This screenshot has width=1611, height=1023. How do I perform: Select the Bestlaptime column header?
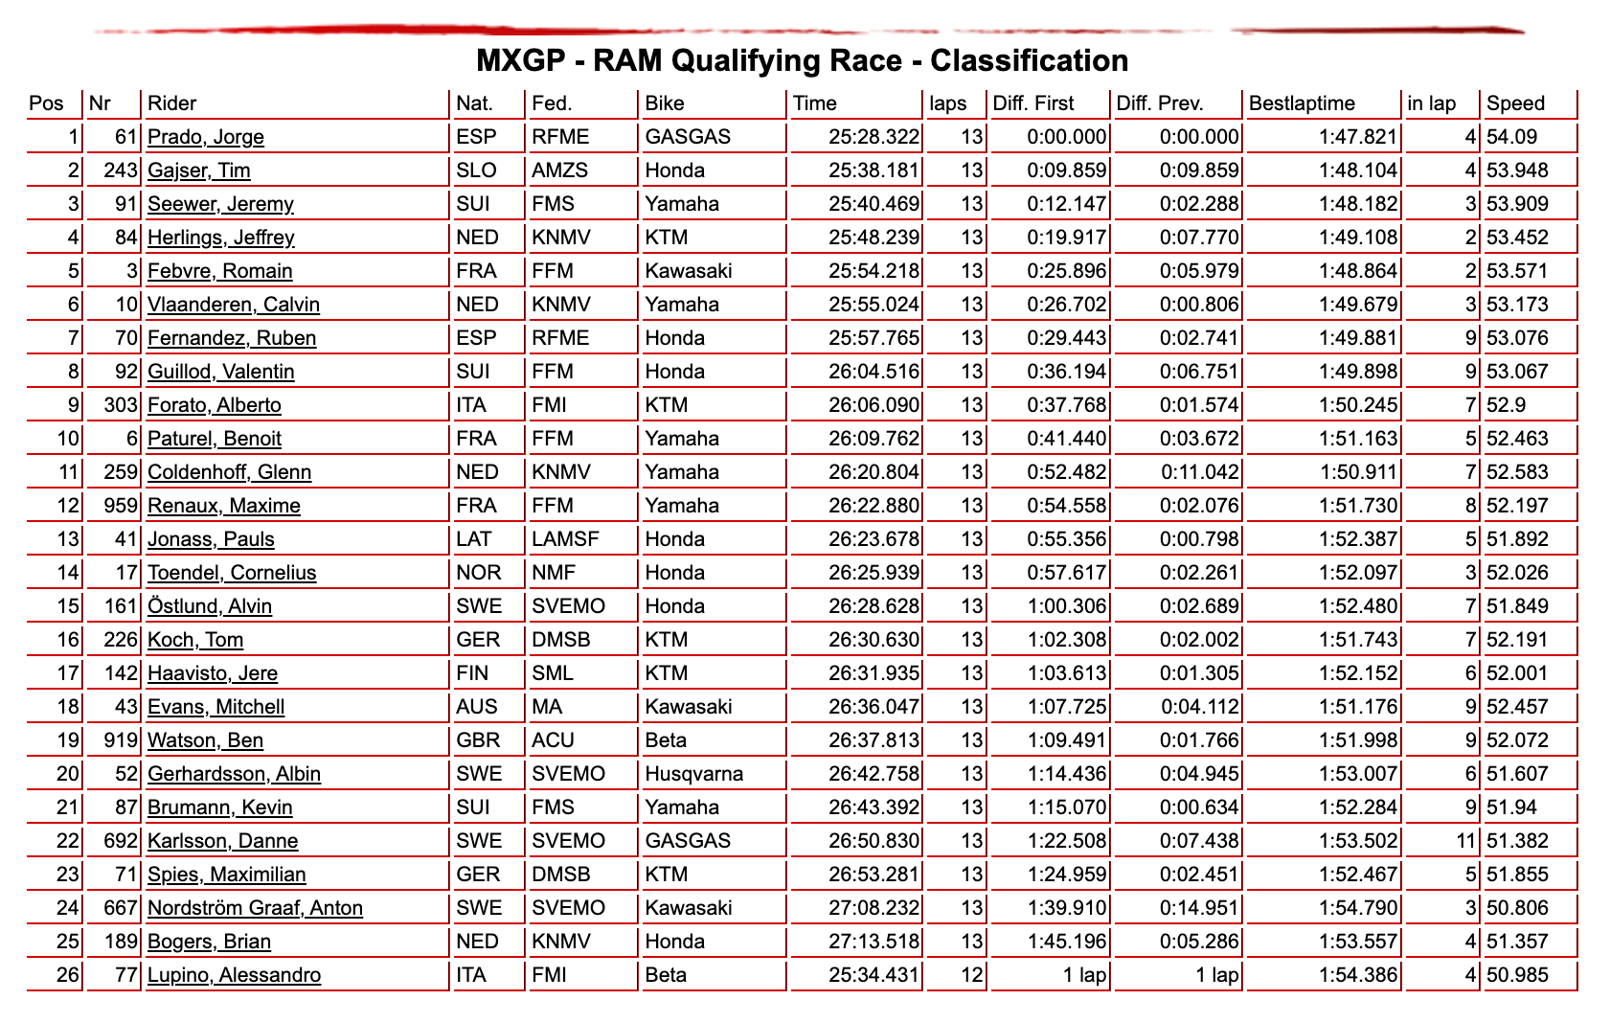coord(1302,103)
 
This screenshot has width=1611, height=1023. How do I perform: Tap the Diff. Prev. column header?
coord(1160,103)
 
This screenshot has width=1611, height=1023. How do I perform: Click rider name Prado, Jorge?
coord(205,137)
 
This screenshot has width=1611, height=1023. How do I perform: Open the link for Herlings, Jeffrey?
coord(220,238)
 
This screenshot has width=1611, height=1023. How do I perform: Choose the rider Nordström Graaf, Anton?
coord(255,908)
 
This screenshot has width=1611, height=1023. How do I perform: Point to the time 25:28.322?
coord(874,137)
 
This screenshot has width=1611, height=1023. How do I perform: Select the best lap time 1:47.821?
coord(1358,137)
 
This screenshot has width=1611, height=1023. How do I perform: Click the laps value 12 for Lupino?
coord(971,975)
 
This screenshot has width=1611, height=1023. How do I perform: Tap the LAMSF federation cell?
coord(565,539)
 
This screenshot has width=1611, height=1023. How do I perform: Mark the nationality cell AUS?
coord(477,707)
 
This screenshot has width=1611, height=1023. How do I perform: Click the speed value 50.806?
coord(1517,908)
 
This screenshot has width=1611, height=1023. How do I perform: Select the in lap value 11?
coord(1465,841)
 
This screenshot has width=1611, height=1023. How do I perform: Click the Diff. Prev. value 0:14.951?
coord(1199,908)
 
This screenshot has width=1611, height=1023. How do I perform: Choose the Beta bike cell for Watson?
coord(666,740)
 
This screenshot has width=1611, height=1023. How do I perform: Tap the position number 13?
coord(68,539)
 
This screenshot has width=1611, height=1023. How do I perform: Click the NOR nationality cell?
coord(479,573)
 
